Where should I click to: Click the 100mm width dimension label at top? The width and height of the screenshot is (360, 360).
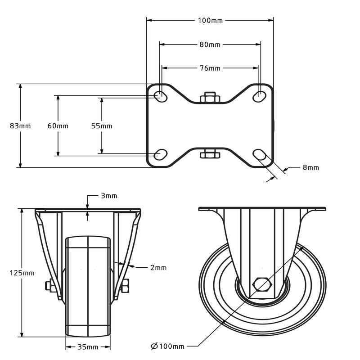click(x=210, y=20)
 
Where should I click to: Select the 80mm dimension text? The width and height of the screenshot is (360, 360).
click(x=210, y=45)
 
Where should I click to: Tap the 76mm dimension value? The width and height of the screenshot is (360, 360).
click(x=210, y=68)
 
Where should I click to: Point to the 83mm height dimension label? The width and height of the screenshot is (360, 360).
click(x=20, y=126)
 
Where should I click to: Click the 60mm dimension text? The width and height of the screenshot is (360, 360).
click(x=58, y=126)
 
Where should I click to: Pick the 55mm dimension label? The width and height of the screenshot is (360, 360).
click(x=102, y=126)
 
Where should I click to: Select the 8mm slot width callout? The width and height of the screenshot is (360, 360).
click(x=310, y=167)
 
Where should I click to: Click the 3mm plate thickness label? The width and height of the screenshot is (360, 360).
click(x=109, y=196)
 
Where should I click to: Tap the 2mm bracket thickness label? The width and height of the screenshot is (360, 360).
click(x=158, y=267)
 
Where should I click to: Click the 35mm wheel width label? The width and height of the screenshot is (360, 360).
click(x=88, y=347)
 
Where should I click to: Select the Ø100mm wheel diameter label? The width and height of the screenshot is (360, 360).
click(x=168, y=346)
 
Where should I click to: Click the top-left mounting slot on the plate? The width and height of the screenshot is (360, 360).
click(x=160, y=95)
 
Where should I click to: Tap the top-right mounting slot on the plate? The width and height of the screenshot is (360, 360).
click(x=260, y=95)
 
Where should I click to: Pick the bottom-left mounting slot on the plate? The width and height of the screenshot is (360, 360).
click(x=160, y=154)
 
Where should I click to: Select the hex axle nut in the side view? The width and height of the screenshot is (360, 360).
click(x=262, y=284)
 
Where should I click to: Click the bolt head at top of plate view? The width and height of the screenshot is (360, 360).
click(x=209, y=98)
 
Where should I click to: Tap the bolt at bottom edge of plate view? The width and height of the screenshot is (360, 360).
click(x=209, y=154)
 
